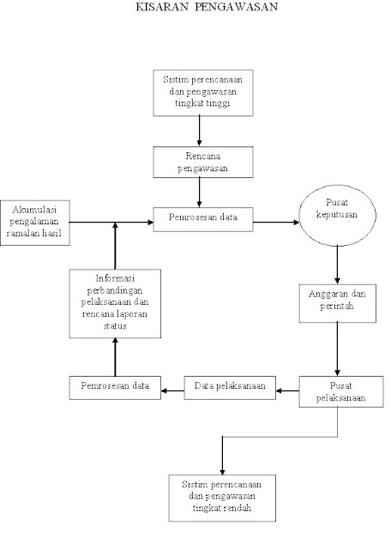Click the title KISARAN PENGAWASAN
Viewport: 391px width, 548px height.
(207, 7)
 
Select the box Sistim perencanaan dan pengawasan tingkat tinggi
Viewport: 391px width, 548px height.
(203, 93)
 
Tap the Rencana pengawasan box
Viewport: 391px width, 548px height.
(203, 162)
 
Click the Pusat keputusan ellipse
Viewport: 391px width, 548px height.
(338, 215)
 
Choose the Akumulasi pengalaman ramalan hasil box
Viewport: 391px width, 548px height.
(35, 223)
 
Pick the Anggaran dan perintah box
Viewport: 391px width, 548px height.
(338, 303)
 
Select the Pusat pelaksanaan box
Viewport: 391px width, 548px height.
(341, 391)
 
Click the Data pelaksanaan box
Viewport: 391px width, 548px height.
(230, 388)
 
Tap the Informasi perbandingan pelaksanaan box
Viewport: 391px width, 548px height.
(115, 304)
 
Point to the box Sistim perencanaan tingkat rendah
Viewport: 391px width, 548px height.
(222, 498)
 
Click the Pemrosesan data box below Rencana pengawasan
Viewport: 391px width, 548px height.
(203, 219)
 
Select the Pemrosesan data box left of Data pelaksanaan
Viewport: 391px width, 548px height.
(115, 388)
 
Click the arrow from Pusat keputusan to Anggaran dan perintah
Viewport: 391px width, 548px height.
(338, 265)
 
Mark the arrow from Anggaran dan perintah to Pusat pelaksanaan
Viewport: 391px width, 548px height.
(338, 349)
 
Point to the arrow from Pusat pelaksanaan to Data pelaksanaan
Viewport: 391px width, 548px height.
(287, 390)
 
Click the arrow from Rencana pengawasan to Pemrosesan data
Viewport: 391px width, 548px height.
(199, 193)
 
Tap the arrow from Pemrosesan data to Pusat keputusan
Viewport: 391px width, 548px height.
(276, 222)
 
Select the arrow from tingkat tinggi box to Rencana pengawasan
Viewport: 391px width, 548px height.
(199, 131)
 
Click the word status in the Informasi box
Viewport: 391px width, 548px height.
(115, 325)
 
